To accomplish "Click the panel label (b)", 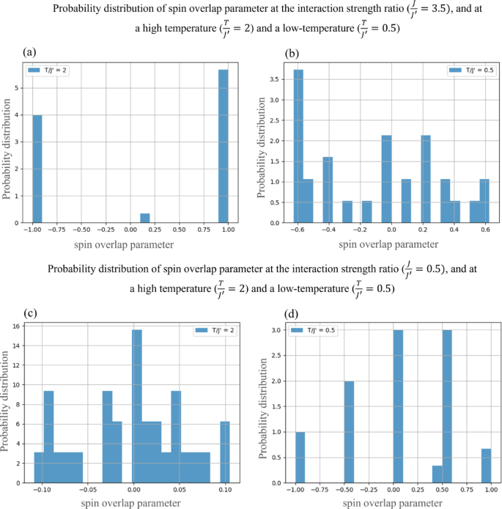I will click(290, 53).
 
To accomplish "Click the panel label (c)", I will click(29, 313).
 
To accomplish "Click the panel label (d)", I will click(290, 313).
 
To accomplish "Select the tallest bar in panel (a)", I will click(223, 147).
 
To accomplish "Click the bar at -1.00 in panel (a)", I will click(37, 169).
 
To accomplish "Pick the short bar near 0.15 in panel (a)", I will click(144, 218).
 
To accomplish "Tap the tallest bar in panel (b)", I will click(298, 147).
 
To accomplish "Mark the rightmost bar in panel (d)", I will click(486, 466).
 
